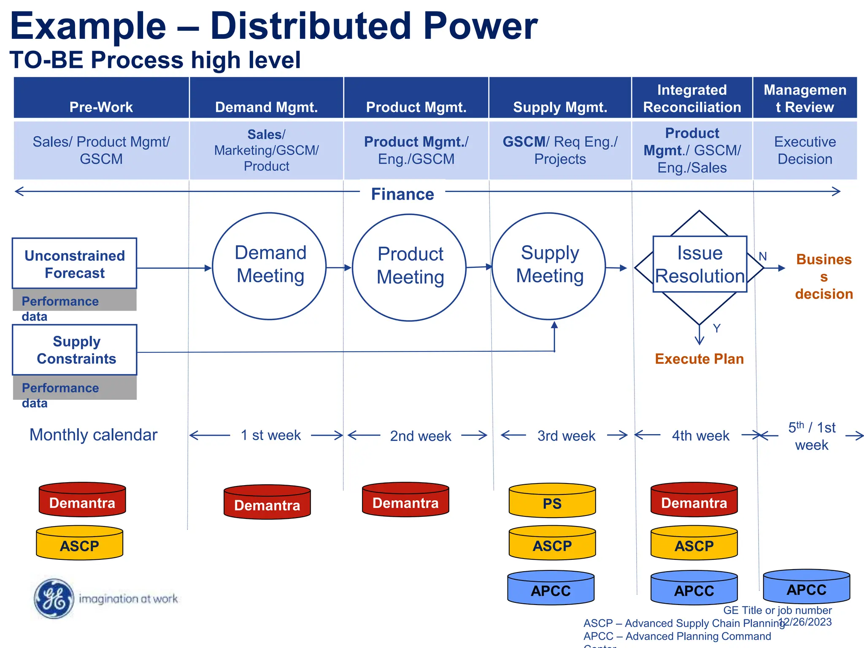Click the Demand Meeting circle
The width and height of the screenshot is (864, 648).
269,266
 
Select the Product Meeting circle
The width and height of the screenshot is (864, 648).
409,267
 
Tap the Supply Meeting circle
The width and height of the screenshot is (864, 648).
549,266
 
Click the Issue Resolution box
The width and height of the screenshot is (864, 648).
699,265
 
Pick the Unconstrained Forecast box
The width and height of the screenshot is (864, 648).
75,264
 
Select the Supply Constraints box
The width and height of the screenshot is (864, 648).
75,350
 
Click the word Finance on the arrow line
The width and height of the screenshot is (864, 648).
402,194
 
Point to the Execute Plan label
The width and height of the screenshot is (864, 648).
699,359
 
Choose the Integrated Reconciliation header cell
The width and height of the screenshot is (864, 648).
692,98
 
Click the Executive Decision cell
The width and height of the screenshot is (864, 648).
805,150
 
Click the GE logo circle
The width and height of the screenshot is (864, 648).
54,598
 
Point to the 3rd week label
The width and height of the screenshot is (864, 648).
566,436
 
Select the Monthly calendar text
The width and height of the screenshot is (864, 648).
93,435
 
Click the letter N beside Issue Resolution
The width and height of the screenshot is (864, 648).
763,256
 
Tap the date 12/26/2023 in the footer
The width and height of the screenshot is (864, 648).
805,622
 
